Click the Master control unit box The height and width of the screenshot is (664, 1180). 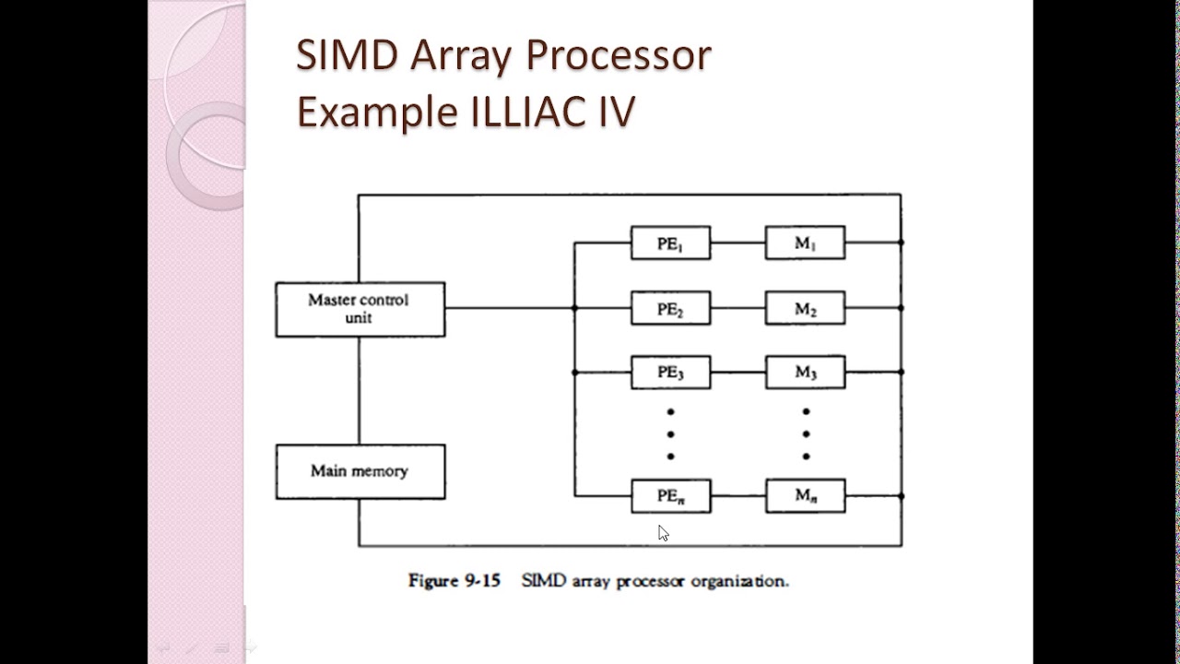coord(360,309)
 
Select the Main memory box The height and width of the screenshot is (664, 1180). coord(360,471)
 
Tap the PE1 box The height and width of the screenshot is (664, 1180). coord(670,243)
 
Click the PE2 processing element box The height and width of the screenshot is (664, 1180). coord(670,308)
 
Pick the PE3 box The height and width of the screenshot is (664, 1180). coord(670,373)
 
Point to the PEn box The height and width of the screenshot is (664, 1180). coord(670,496)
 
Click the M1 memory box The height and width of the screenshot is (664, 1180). coord(805,243)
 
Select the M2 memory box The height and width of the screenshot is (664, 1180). coord(805,308)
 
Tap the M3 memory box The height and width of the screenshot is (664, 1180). coord(805,373)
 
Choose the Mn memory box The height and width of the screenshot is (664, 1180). coord(805,496)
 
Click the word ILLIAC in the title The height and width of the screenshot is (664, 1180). coord(530,112)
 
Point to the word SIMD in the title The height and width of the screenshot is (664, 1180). coord(347,55)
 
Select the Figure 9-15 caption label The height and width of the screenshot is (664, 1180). coord(454,581)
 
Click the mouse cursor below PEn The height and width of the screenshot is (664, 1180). coord(663,533)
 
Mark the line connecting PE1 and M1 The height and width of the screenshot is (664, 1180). coord(737,243)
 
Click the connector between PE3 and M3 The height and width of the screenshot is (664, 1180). coord(737,373)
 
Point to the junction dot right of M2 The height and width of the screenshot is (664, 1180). coord(901,308)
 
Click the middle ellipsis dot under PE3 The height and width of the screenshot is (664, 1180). coord(670,433)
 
